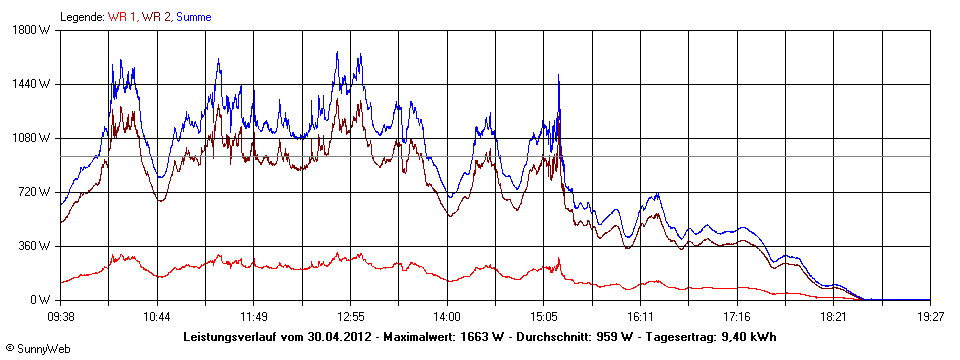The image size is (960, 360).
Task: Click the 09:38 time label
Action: coord(61,316)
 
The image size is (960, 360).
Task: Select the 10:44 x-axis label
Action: coord(157,316)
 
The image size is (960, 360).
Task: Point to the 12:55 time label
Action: coord(351,316)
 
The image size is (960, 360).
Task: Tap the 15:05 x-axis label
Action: coord(544,316)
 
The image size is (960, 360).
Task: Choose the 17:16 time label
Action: coord(737,316)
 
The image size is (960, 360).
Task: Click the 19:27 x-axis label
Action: coord(930,316)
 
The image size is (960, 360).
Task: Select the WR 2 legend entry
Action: coord(157,17)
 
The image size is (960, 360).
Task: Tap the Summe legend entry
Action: coord(193,17)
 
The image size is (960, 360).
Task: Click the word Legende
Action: coord(81,17)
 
